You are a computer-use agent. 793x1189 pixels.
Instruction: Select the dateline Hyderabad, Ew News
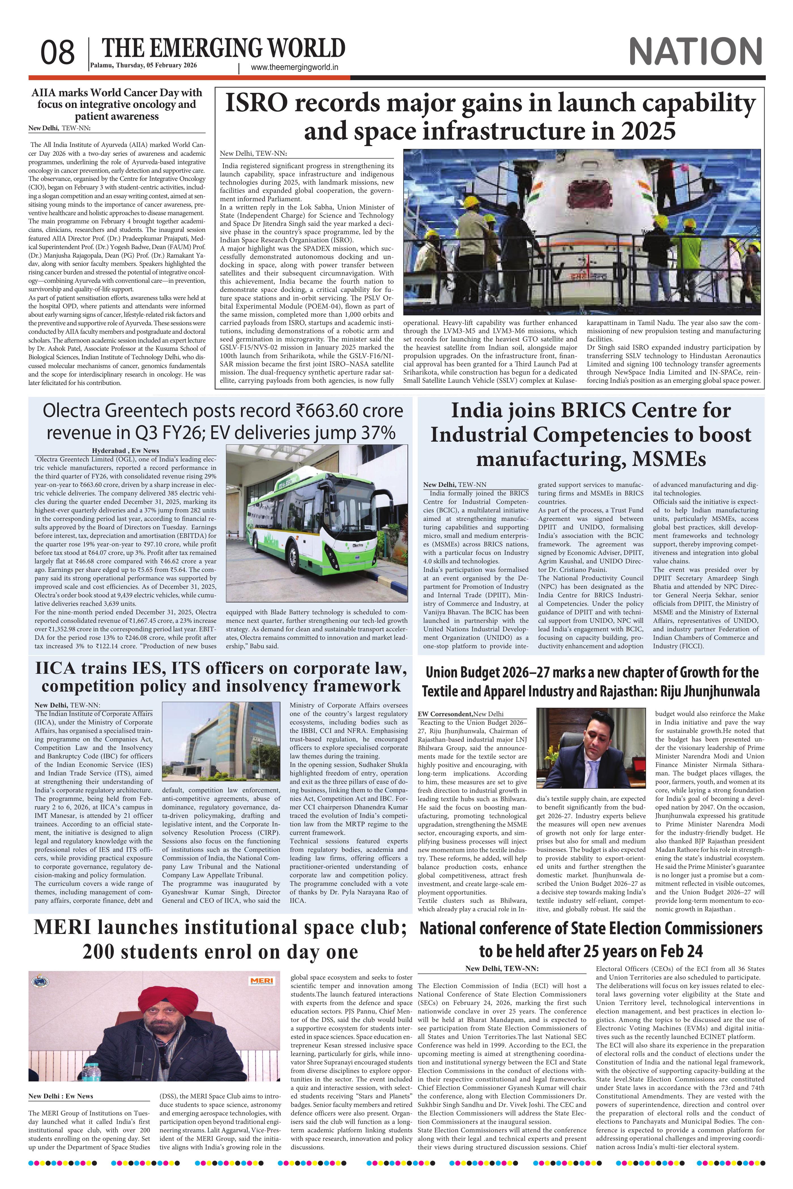point(125,450)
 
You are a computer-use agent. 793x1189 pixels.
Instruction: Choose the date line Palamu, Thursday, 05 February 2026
point(144,65)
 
